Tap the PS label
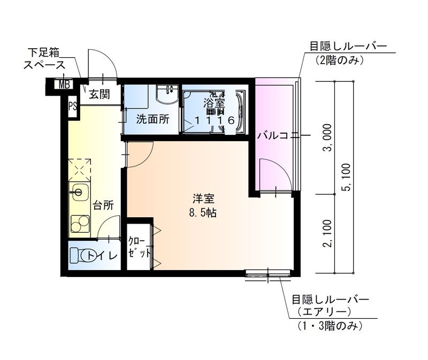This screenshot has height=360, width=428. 72,105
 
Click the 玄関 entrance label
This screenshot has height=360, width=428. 99,95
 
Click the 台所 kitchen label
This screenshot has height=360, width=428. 103,205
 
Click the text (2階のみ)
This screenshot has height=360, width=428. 339,60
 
